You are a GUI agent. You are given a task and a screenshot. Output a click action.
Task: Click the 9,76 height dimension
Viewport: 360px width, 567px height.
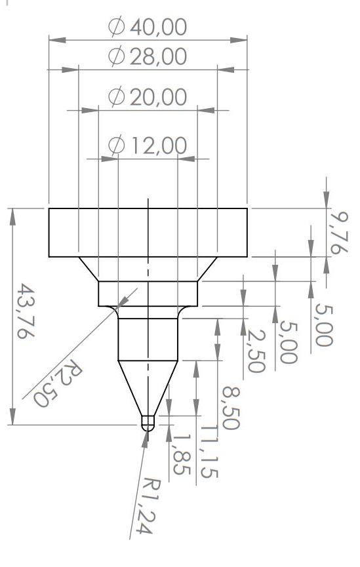tap(340, 232)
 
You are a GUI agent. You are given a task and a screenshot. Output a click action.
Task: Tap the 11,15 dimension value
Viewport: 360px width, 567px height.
tap(209, 450)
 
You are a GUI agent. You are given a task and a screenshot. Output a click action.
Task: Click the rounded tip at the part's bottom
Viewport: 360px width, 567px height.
tap(148, 423)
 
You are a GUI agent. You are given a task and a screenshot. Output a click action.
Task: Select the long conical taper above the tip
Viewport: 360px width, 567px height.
tap(148, 387)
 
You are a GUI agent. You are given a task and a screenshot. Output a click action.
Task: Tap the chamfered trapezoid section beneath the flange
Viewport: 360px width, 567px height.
tap(148, 269)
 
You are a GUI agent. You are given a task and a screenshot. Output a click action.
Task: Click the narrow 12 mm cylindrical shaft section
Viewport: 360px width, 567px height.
tap(148, 338)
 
